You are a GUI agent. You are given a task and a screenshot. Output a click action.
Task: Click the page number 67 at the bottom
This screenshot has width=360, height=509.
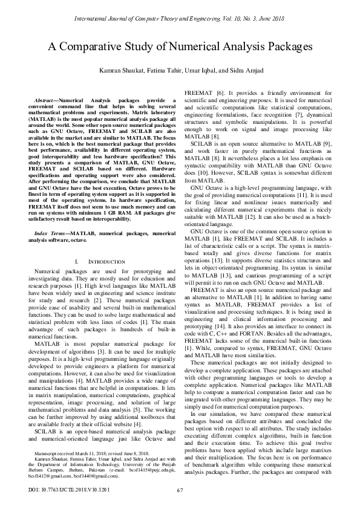[x=180, y=490]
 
